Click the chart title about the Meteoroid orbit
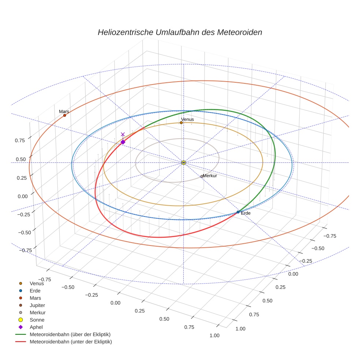tap(180, 32)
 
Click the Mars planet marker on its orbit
tap(65, 115)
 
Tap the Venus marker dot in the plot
tap(181, 123)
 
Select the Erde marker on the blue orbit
tap(238, 212)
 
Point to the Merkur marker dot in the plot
tap(202, 176)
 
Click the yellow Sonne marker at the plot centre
tap(184, 162)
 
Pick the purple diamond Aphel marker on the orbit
tap(123, 142)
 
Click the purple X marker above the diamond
tap(123, 134)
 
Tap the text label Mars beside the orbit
tap(64, 111)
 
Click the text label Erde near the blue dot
tap(245, 213)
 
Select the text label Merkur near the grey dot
tap(210, 176)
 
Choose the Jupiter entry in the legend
tap(37, 305)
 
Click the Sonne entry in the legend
tap(37, 320)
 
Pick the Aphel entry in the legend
tap(36, 327)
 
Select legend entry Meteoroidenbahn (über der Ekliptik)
tap(70, 334)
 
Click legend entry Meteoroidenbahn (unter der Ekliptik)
tap(71, 342)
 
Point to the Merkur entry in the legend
tap(37, 312)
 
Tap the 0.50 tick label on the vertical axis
tap(21, 159)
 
